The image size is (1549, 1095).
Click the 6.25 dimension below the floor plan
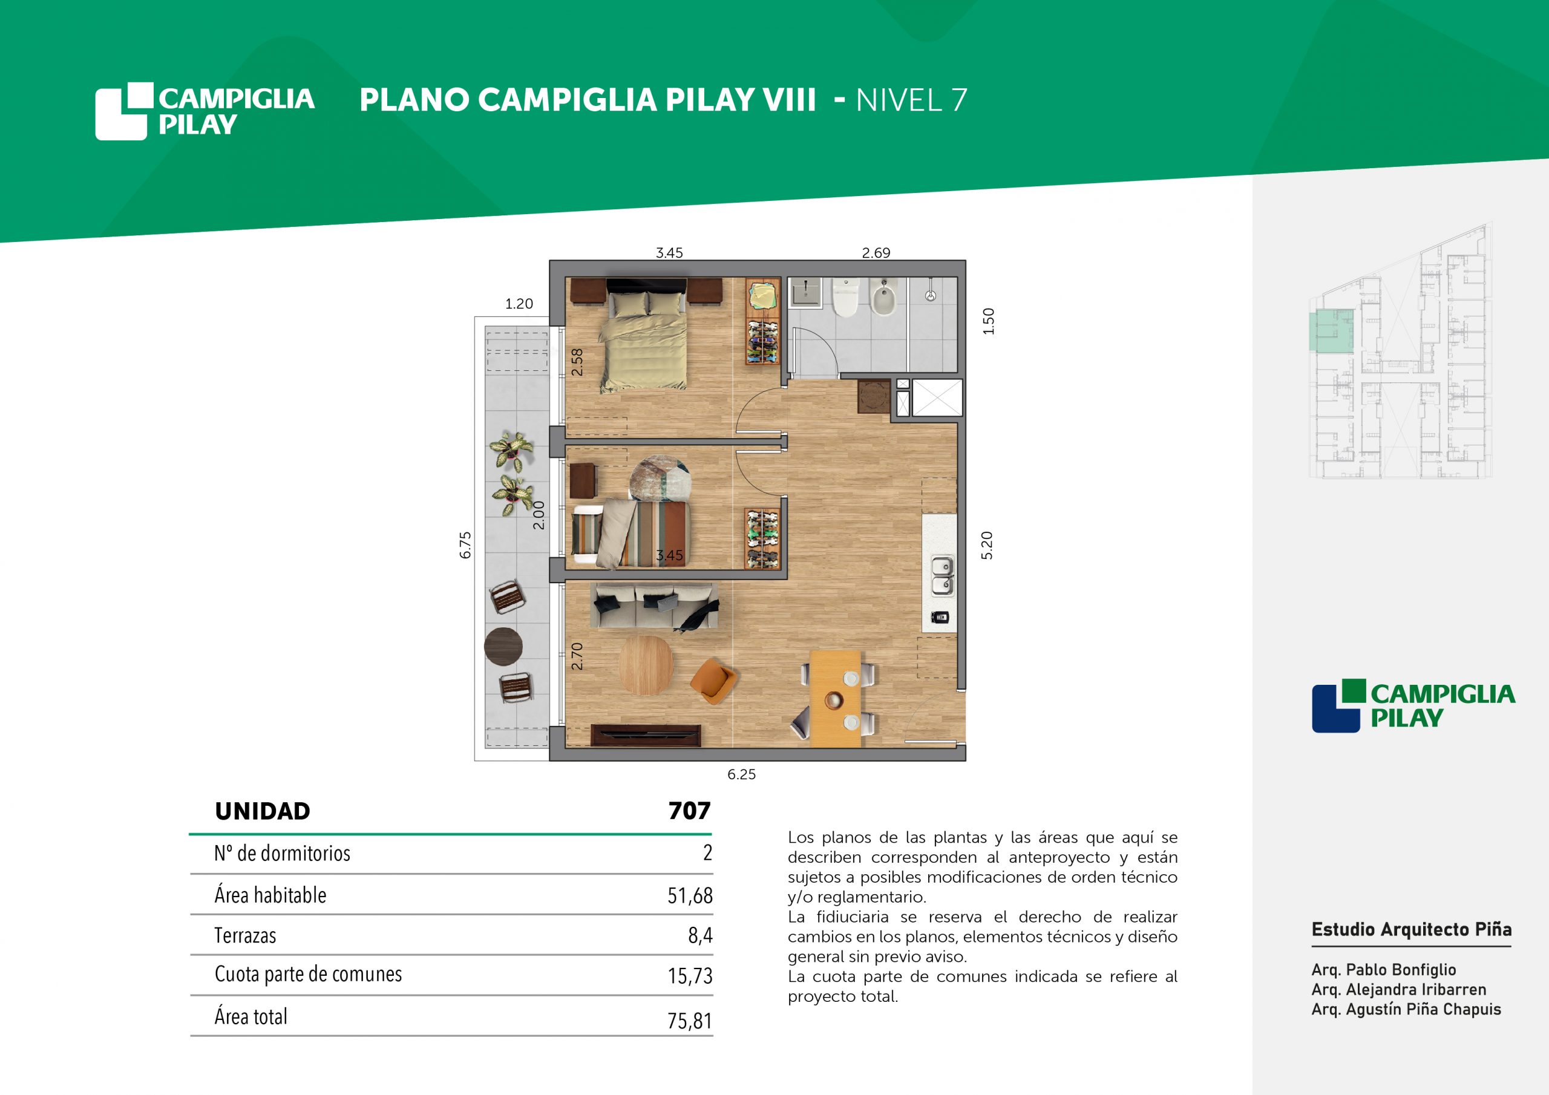coord(741,774)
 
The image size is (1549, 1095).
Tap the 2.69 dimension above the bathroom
coord(876,253)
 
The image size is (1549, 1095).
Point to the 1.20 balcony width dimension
coord(519,304)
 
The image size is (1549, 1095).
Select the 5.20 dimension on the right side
coord(987,545)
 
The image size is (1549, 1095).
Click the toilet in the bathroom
coord(845,298)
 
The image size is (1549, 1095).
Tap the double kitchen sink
coord(943,575)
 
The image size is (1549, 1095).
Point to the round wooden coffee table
coord(646,665)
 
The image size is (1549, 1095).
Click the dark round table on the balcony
coord(503,646)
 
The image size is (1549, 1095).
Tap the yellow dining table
coord(835,699)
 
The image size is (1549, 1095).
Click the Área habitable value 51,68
coord(690,895)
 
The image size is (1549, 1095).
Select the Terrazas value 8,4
coord(700,935)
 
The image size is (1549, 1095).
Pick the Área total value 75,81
coord(690,1021)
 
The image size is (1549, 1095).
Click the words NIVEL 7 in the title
coord(911,100)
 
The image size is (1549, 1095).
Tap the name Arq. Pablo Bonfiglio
coord(1384,970)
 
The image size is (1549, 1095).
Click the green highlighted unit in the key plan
coord(1332,330)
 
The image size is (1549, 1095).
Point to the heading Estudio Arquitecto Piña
coord(1412,930)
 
